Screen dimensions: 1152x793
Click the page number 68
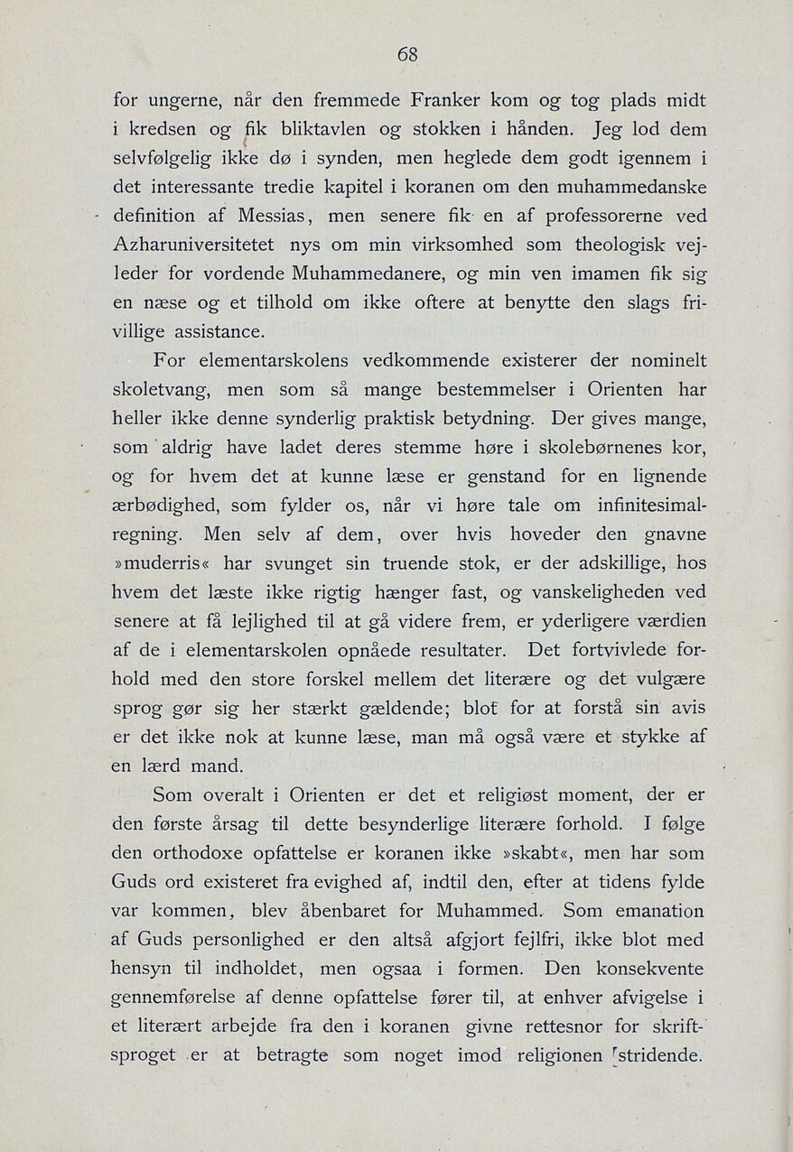pyautogui.click(x=407, y=54)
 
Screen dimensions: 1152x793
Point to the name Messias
pyautogui.click(x=274, y=218)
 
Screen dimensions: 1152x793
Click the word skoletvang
pyautogui.click(x=162, y=391)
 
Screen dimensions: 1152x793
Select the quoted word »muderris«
pyautogui.click(x=163, y=564)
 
